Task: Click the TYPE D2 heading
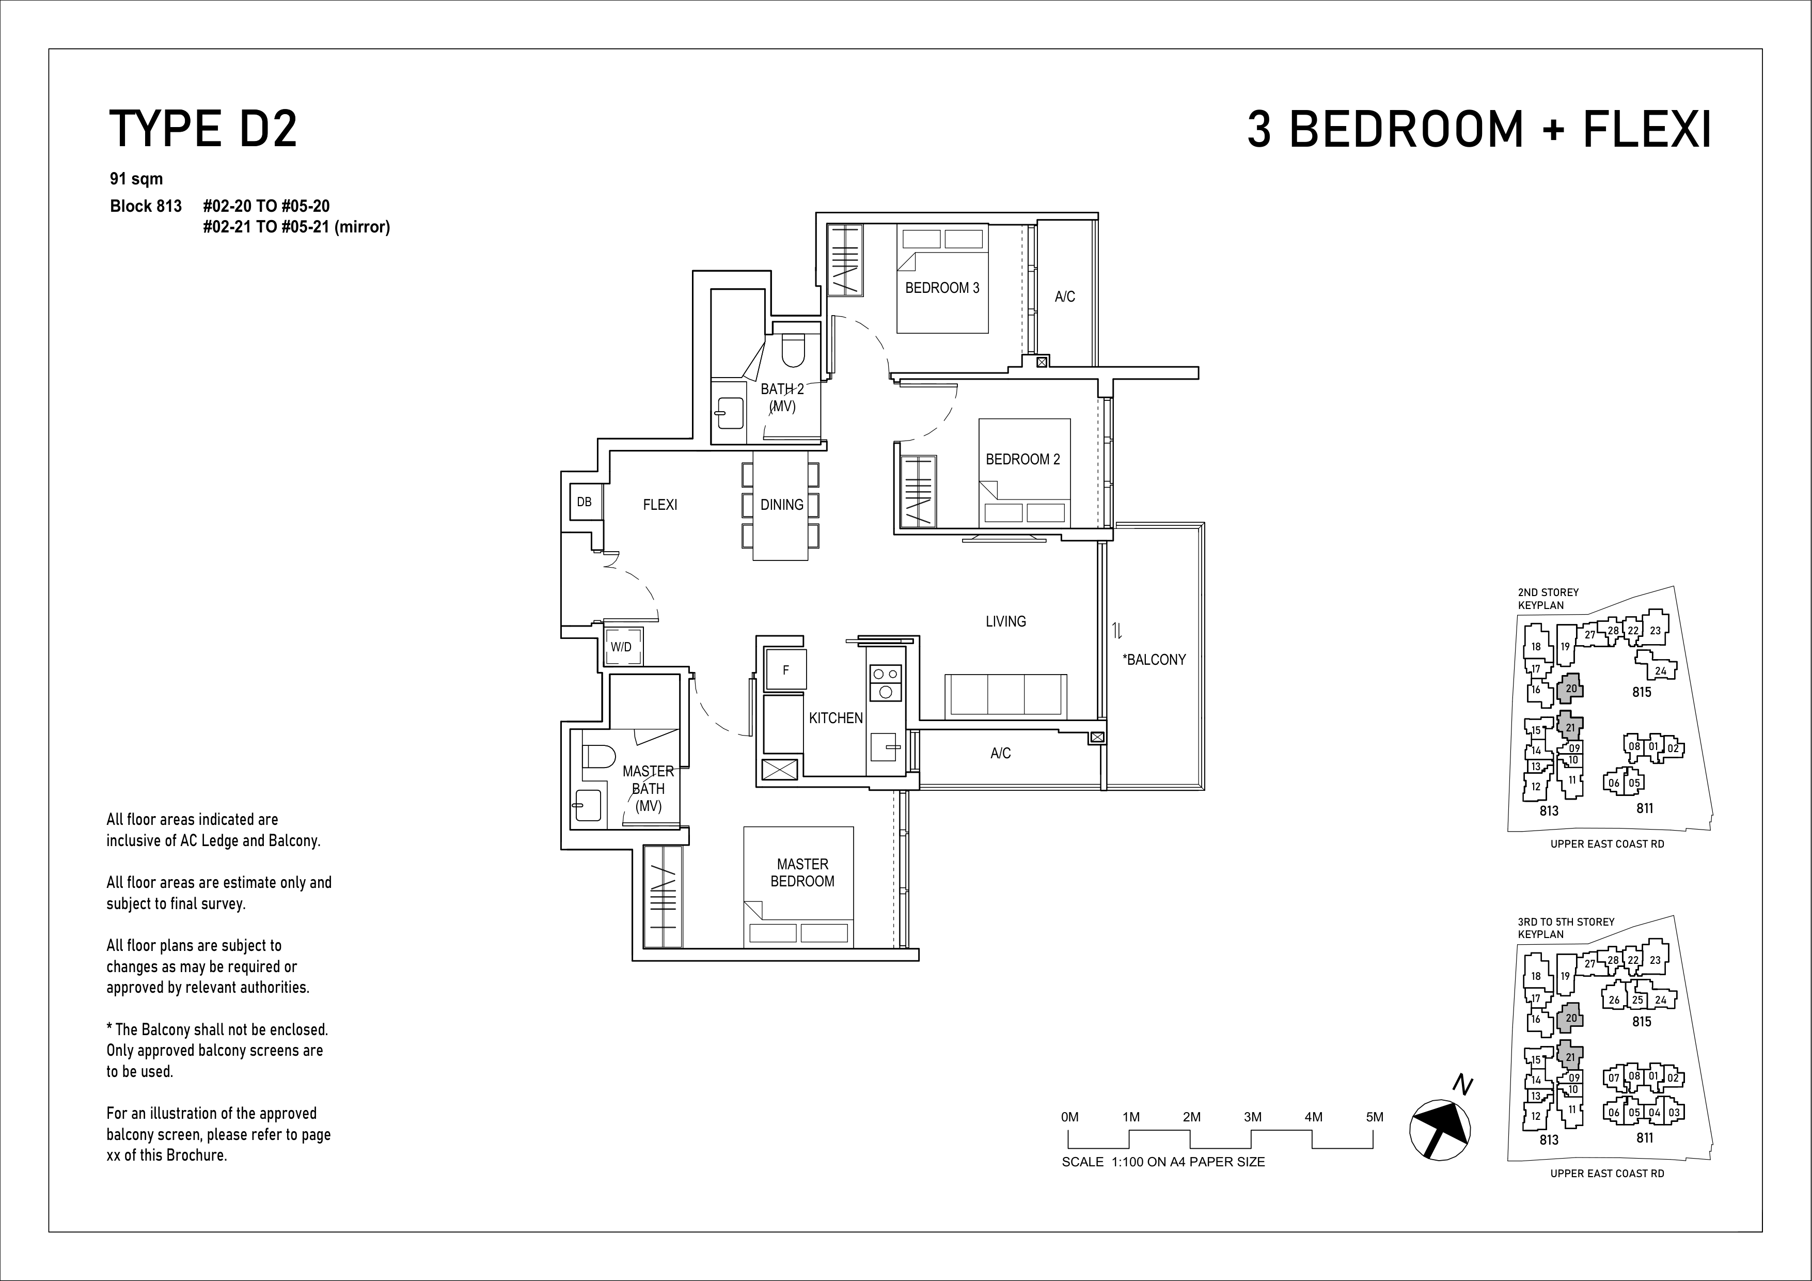(203, 130)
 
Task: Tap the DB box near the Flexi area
(585, 502)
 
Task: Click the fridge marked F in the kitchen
(786, 670)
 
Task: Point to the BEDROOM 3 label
(942, 288)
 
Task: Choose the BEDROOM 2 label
(1023, 459)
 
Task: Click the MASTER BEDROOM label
(802, 873)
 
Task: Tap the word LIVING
(1005, 622)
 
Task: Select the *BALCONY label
(1154, 660)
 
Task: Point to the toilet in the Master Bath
(597, 757)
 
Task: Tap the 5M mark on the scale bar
(1374, 1117)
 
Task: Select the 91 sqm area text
(136, 179)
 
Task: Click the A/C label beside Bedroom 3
(1065, 297)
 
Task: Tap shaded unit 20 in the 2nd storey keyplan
(1570, 688)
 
